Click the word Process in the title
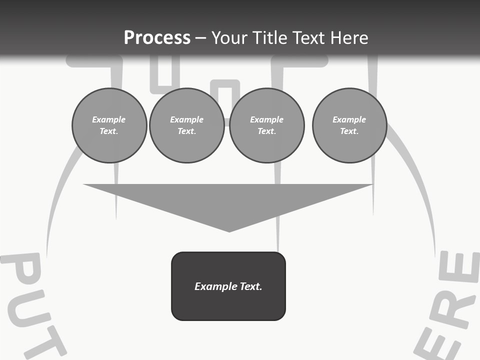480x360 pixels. click(157, 38)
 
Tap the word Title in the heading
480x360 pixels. click(270, 38)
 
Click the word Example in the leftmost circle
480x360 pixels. click(108, 119)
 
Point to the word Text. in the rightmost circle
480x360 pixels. click(349, 131)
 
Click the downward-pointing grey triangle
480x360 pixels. click(228, 200)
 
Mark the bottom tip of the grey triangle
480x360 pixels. click(229, 230)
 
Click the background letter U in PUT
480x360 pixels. click(30, 312)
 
